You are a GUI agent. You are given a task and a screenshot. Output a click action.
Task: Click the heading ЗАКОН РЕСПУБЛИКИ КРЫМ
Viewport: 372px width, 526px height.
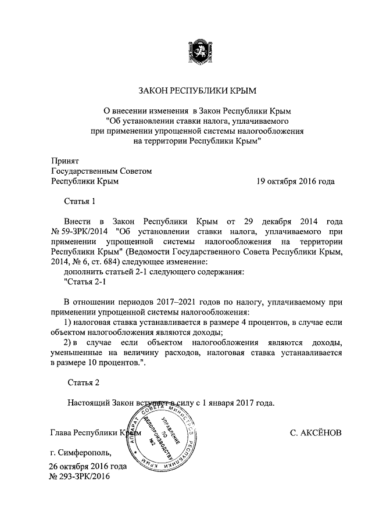pos(197,91)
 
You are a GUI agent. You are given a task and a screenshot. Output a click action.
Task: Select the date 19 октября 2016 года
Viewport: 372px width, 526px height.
pos(296,181)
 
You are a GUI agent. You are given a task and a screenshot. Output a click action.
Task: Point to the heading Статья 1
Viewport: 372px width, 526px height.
pos(78,202)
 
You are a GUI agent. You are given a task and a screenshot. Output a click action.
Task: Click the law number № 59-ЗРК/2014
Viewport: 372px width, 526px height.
pos(79,232)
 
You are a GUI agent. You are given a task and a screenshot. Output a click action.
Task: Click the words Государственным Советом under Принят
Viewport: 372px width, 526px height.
pos(102,171)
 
